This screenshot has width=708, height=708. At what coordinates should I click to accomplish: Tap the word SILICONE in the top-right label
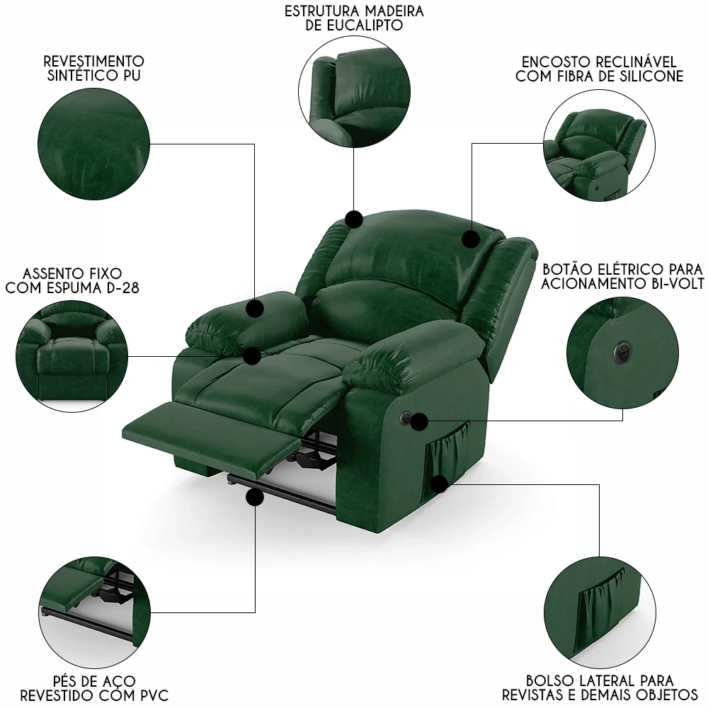[649, 76]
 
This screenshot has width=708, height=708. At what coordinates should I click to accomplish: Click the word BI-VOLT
[663, 284]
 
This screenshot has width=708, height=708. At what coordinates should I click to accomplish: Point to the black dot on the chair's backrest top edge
[354, 219]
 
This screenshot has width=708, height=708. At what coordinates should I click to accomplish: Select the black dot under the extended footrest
[253, 499]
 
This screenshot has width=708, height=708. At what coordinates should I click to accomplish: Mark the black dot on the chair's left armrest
[256, 307]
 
